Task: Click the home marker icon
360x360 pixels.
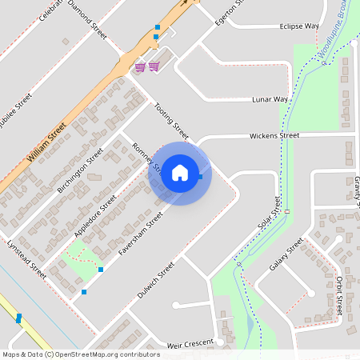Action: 180,172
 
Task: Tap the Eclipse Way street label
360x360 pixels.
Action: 299,26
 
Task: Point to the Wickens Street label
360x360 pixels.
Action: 274,136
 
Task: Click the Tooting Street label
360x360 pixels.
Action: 172,121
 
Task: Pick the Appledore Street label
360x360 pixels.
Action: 95,214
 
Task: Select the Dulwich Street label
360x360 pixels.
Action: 158,278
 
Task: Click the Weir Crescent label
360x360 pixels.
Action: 190,344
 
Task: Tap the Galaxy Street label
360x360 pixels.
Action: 286,254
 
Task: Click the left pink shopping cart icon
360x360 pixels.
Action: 140,66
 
